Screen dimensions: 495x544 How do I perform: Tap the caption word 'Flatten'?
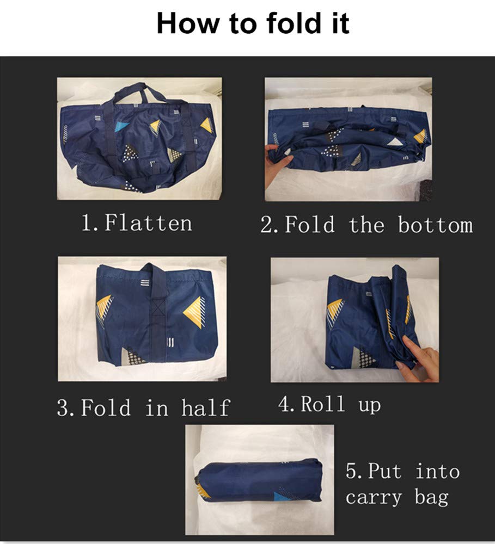click(x=148, y=222)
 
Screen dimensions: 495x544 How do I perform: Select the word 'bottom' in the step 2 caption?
click(x=436, y=225)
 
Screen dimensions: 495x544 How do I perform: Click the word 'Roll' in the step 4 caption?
click(x=323, y=404)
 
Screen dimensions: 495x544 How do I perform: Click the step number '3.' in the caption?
click(x=65, y=407)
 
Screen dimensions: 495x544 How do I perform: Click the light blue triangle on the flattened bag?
click(x=121, y=126)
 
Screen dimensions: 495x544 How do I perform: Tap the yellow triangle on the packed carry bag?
click(x=203, y=491)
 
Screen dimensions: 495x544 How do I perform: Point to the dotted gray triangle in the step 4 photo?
click(x=363, y=358)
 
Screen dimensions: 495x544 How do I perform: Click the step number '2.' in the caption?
click(x=269, y=225)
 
